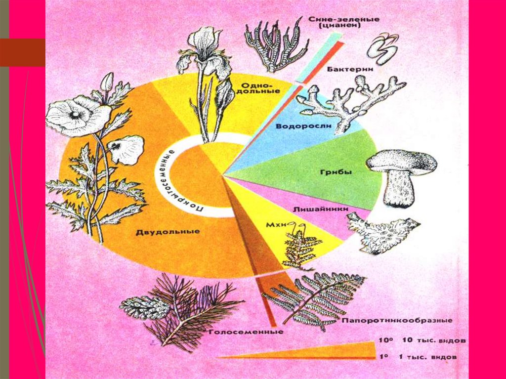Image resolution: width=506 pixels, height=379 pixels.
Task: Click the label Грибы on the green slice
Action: [x=328, y=172]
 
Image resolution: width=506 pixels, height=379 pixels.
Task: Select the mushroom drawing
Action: [x=402, y=176]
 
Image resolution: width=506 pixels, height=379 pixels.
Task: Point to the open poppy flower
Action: [x=76, y=116]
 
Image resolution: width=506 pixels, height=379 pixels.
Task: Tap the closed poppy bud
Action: [x=107, y=82]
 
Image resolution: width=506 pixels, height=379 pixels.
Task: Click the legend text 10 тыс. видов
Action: [x=428, y=341]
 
